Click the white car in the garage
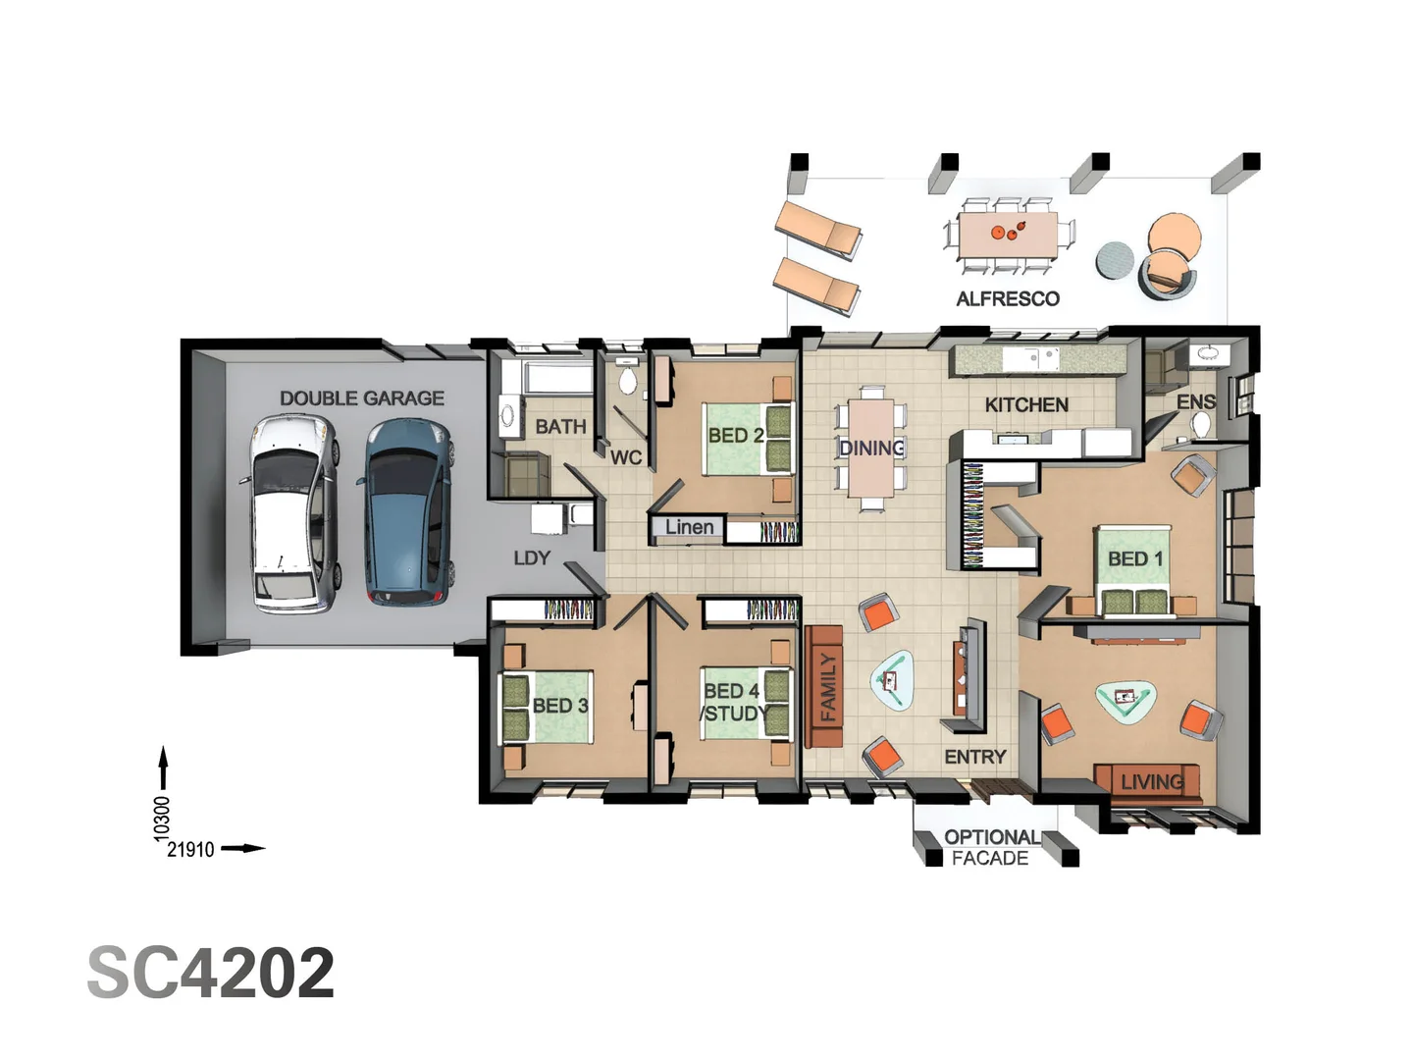pyautogui.click(x=293, y=513)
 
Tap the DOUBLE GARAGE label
pyautogui.click(x=361, y=397)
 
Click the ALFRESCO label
pyautogui.click(x=1008, y=298)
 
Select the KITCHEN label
pyautogui.click(x=1026, y=404)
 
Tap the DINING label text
pyautogui.click(x=871, y=449)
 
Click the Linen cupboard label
pyautogui.click(x=689, y=528)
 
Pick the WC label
pyautogui.click(x=626, y=457)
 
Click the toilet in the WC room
pyautogui.click(x=628, y=380)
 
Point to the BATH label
pyautogui.click(x=560, y=427)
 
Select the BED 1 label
pyautogui.click(x=1135, y=558)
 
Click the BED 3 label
pyautogui.click(x=560, y=706)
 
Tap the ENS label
pyautogui.click(x=1196, y=401)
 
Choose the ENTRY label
pyautogui.click(x=975, y=757)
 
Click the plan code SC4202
pyautogui.click(x=211, y=973)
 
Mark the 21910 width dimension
pyautogui.click(x=190, y=849)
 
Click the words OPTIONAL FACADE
pyautogui.click(x=991, y=848)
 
